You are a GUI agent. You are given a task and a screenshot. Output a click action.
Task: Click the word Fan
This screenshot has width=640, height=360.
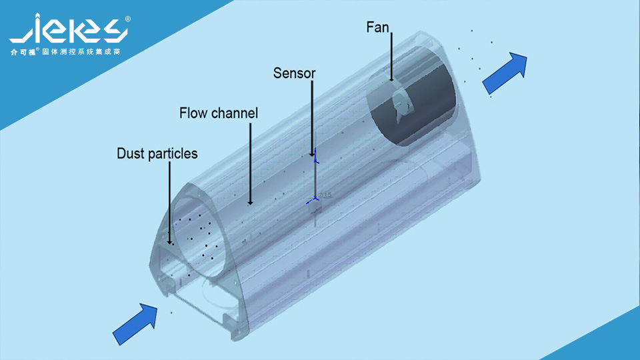tap(377, 27)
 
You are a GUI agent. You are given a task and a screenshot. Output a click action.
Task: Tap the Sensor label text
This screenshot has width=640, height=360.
tap(294, 73)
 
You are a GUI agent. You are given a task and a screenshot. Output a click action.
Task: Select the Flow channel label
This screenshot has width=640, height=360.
tap(218, 113)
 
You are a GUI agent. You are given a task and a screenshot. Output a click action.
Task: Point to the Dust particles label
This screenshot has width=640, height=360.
tap(157, 153)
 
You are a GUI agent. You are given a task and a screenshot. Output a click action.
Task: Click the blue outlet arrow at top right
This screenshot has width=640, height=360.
tap(505, 73)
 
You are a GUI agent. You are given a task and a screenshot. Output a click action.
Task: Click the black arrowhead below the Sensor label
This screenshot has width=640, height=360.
tap(312, 153)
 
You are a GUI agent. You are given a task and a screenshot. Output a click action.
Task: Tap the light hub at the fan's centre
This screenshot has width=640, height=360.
tap(401, 103)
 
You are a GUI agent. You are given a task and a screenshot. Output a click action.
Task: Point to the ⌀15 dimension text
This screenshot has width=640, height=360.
tap(325, 195)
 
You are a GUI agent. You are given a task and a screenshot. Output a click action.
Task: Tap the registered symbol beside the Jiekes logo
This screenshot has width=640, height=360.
tap(127, 19)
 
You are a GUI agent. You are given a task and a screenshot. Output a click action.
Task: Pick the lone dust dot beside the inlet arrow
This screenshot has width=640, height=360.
tap(171, 311)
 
